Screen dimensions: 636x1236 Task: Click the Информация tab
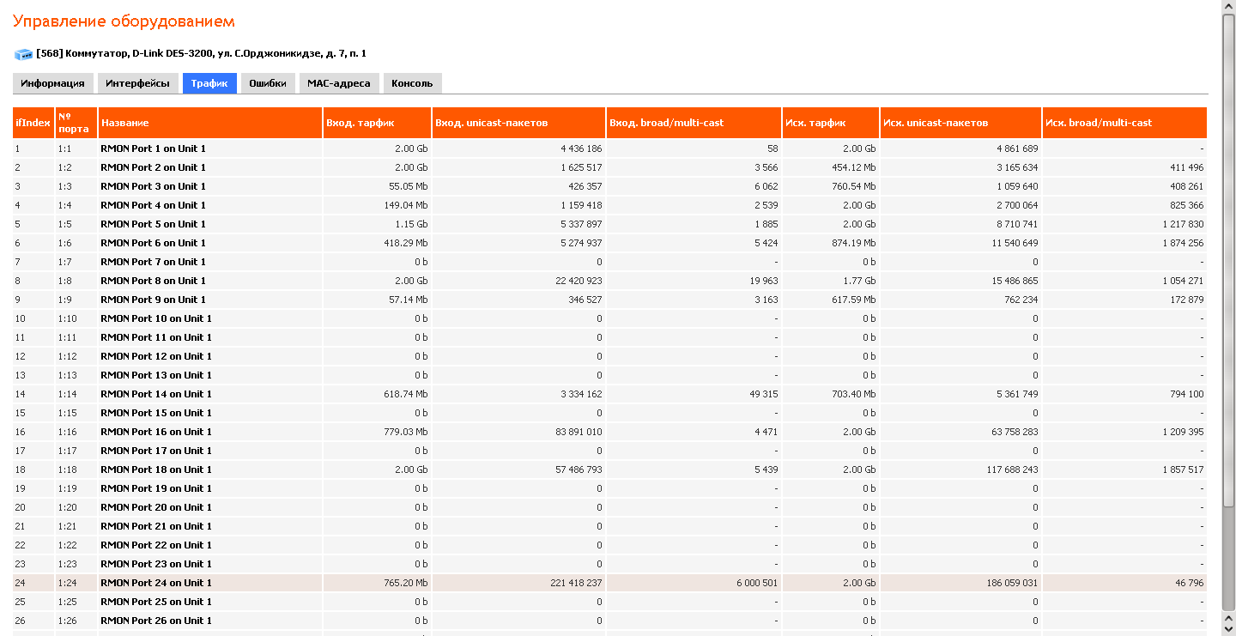(x=52, y=83)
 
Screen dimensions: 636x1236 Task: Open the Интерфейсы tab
(x=137, y=83)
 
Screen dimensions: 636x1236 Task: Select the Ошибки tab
(x=268, y=83)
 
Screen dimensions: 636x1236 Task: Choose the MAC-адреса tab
(x=339, y=83)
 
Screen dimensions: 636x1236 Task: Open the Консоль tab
(x=412, y=83)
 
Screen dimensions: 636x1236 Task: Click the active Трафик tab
(x=209, y=83)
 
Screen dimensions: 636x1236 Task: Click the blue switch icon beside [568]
(x=23, y=54)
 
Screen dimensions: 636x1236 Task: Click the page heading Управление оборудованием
(x=124, y=21)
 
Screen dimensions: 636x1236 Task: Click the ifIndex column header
(x=33, y=123)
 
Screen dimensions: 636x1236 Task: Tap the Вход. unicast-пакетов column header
(x=491, y=123)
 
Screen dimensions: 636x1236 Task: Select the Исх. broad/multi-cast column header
(x=1099, y=123)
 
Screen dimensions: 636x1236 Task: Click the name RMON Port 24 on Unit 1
(x=156, y=583)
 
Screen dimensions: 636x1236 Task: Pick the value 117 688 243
(x=1006, y=469)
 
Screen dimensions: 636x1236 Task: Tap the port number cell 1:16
(x=68, y=432)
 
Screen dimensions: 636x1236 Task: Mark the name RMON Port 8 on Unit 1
(x=154, y=281)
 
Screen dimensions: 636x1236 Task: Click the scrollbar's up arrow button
(x=1228, y=7)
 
